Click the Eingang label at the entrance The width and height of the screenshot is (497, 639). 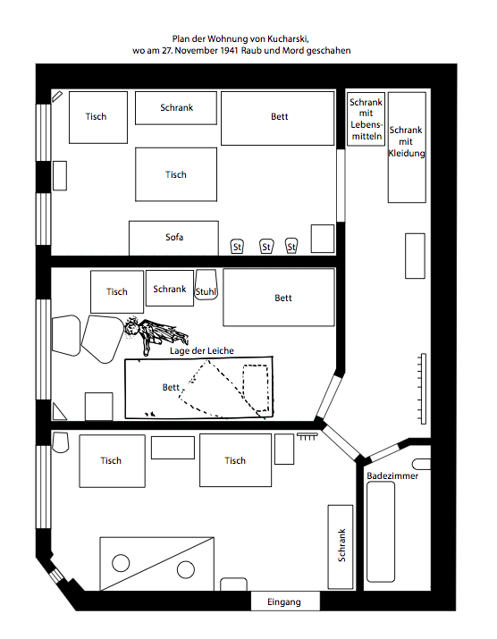(x=283, y=602)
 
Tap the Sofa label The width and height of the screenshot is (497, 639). (x=174, y=237)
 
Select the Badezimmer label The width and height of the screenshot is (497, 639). (x=392, y=475)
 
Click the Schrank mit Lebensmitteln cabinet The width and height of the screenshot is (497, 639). (x=366, y=119)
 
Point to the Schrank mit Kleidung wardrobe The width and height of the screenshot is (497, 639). (x=407, y=147)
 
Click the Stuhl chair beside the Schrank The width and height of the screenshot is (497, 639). (x=206, y=284)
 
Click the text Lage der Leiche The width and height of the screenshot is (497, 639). (x=202, y=350)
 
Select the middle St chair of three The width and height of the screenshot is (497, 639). (x=266, y=246)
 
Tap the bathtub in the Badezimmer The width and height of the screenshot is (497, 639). (x=381, y=532)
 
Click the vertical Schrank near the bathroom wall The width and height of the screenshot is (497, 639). (x=341, y=547)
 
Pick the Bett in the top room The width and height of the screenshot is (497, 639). (x=278, y=118)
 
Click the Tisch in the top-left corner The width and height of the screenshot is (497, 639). (x=97, y=117)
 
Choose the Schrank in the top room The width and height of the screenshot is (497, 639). (x=176, y=108)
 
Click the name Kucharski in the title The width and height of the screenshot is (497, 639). (x=288, y=38)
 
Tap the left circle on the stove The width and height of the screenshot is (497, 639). (x=121, y=563)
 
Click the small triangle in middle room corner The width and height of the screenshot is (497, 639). (x=59, y=412)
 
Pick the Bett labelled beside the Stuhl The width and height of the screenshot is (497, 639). (x=279, y=298)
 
